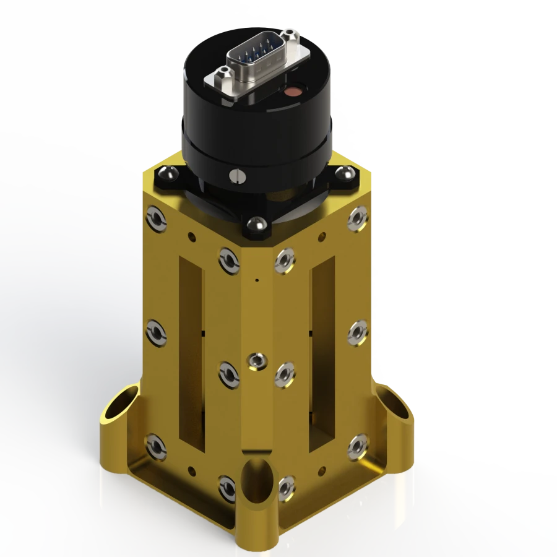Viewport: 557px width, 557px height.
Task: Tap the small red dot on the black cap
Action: pyautogui.click(x=290, y=93)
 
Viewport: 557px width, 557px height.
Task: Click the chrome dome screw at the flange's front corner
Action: pyautogui.click(x=254, y=223)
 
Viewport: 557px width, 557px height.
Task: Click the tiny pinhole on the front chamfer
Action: pyautogui.click(x=256, y=280)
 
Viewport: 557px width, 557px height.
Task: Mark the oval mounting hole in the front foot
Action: pyautogui.click(x=254, y=480)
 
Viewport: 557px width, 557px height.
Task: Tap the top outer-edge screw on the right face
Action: pyautogui.click(x=358, y=218)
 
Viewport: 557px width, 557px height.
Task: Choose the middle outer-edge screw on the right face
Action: pyautogui.click(x=358, y=332)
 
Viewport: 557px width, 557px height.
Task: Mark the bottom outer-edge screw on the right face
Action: pyautogui.click(x=358, y=446)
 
